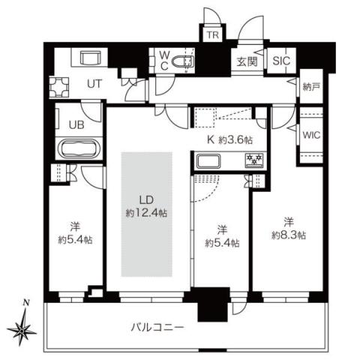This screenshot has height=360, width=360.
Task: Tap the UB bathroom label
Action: [x=76, y=125]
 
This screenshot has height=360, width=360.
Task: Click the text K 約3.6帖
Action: [x=226, y=138]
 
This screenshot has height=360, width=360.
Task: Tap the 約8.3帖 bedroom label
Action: [x=288, y=229]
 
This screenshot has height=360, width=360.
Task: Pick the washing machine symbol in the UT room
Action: [x=60, y=87]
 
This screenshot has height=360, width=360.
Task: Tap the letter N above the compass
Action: [x=26, y=303]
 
